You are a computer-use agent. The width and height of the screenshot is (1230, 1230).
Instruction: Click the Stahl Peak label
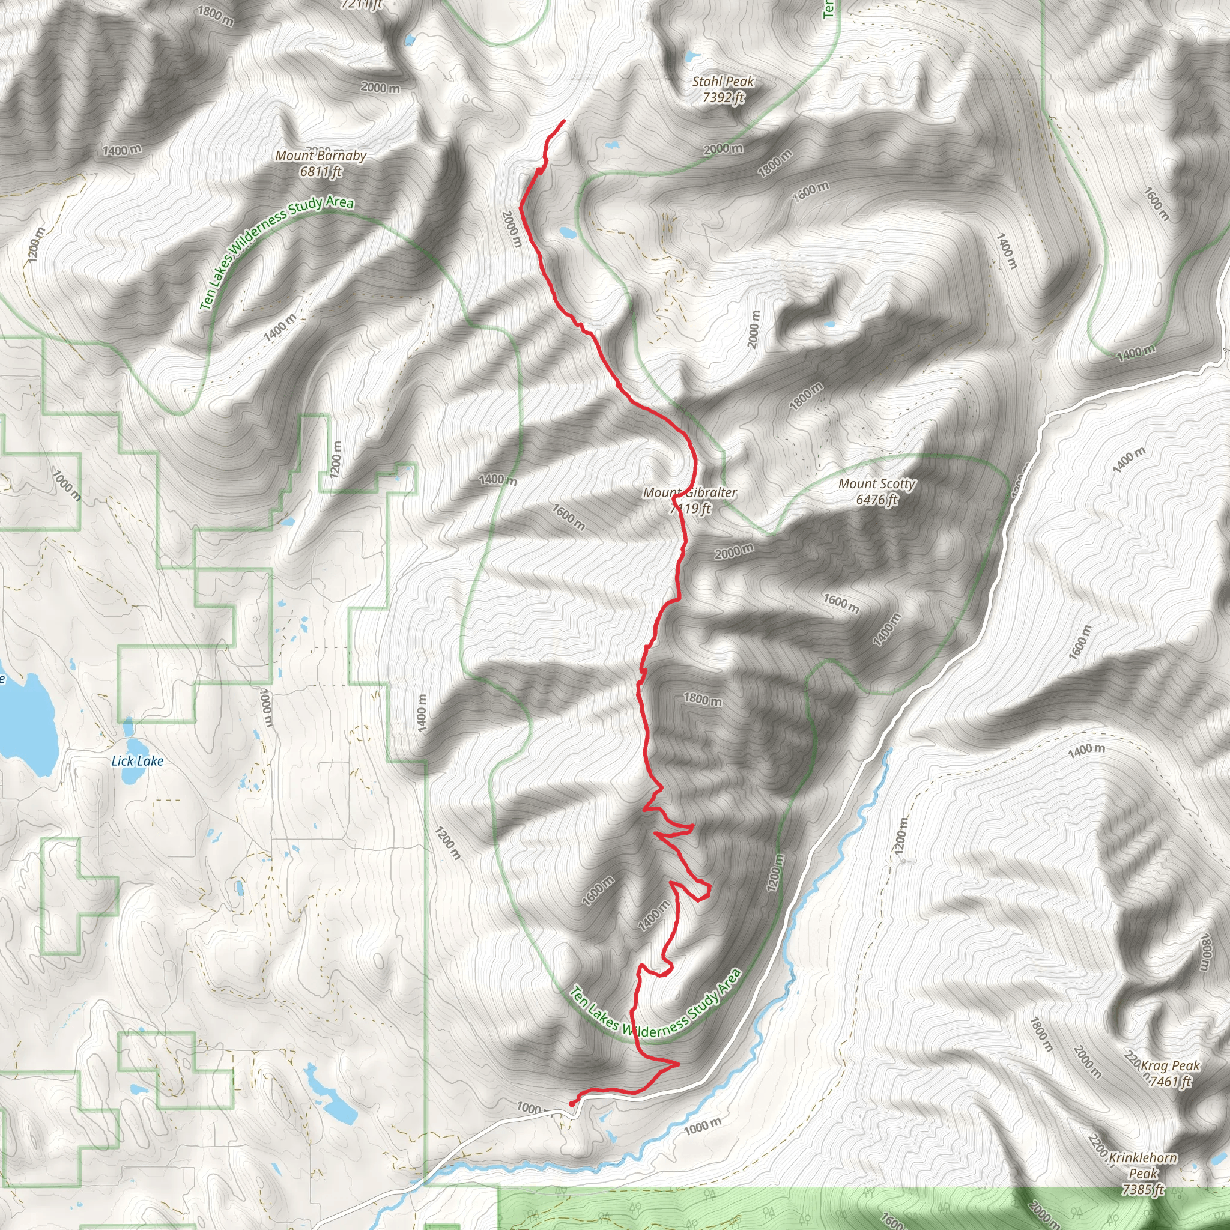click(723, 82)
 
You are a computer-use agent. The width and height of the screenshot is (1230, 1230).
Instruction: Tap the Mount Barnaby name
click(320, 156)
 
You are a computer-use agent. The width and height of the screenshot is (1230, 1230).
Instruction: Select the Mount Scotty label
click(877, 484)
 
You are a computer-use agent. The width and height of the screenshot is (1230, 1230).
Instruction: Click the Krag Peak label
click(1170, 1066)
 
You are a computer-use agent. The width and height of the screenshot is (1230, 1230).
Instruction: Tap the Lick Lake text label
click(137, 761)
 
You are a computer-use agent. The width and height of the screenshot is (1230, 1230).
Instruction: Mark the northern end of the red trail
click(563, 121)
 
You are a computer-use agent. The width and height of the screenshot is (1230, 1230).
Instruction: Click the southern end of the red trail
click(571, 1104)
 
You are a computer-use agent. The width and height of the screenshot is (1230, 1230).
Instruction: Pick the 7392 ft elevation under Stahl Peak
click(723, 97)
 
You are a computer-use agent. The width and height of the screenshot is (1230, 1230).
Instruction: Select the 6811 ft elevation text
click(321, 171)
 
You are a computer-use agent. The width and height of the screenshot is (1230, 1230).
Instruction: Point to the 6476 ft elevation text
click(877, 500)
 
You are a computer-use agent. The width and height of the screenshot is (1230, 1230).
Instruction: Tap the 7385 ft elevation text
click(1144, 1189)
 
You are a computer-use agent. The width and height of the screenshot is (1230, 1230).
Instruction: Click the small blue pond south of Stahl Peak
click(612, 145)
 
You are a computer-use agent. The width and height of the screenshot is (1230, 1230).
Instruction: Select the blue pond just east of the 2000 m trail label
click(566, 232)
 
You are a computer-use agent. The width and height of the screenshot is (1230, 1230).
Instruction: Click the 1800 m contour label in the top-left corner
click(215, 15)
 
